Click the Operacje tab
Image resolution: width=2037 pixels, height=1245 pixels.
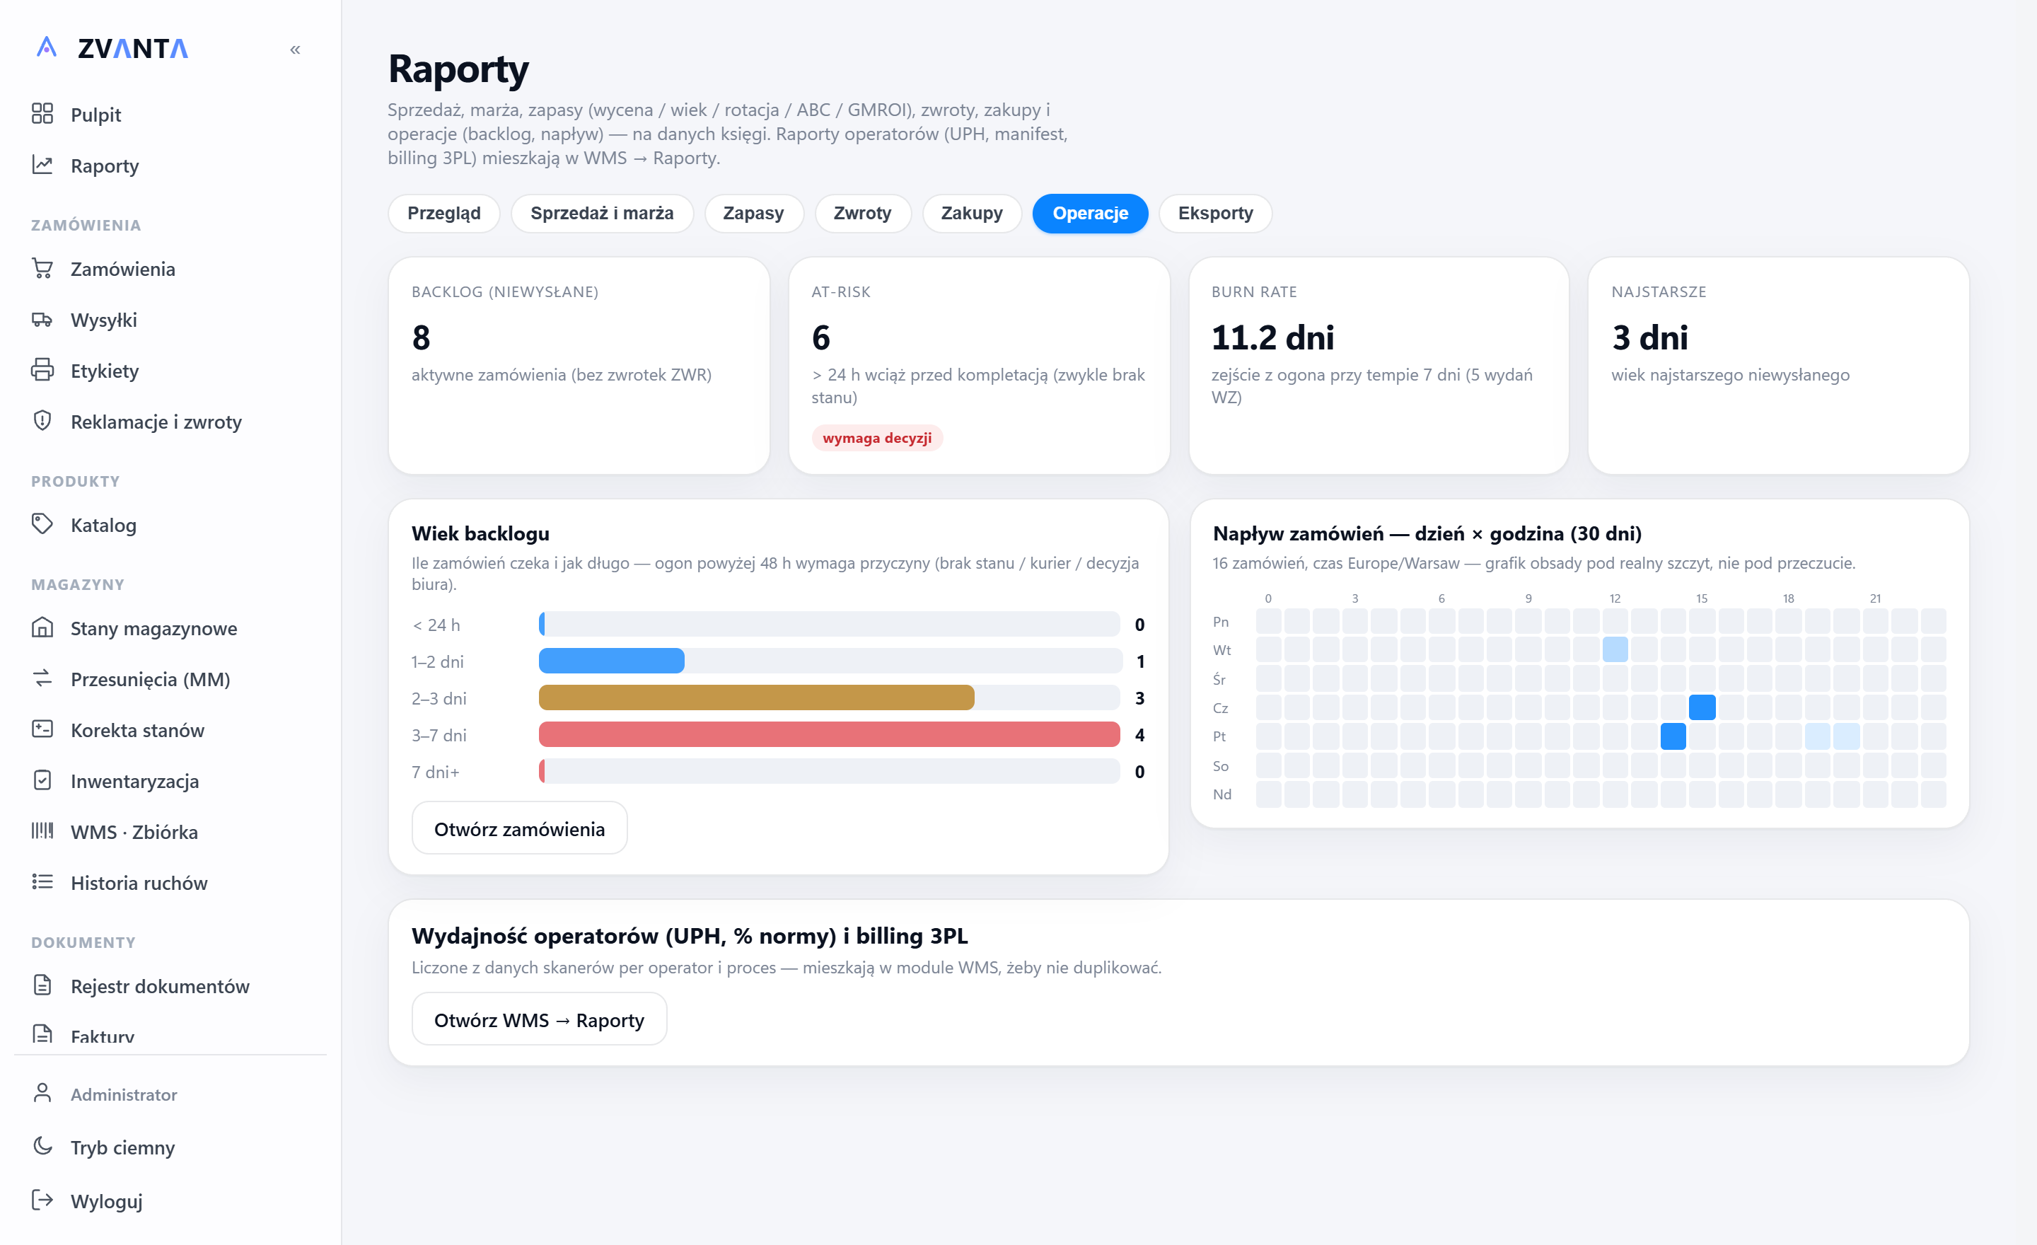coord(1090,214)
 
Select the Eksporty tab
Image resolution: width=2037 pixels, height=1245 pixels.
coord(1214,214)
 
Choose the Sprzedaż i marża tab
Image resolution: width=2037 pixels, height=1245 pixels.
coord(602,214)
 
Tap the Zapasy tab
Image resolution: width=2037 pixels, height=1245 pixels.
coord(753,214)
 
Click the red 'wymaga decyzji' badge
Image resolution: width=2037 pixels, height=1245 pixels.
coord(876,438)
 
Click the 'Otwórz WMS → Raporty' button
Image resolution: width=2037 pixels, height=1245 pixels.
coord(539,1019)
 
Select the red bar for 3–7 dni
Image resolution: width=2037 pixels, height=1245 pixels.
coord(829,734)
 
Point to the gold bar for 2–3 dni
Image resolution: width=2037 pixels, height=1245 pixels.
coord(756,697)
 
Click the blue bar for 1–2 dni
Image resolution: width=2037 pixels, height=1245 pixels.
coord(612,661)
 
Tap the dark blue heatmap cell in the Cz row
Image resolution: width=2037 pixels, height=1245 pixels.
coord(1701,707)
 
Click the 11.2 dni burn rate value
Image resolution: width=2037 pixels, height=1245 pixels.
coord(1272,337)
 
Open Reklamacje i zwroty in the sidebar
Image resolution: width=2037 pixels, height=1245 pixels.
coord(156,422)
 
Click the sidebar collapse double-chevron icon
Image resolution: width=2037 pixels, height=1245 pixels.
coord(295,50)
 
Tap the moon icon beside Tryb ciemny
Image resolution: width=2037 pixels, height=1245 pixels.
coord(42,1146)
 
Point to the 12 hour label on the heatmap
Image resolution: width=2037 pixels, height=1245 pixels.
coord(1615,598)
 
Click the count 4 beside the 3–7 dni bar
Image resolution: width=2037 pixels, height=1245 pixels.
coord(1139,734)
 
